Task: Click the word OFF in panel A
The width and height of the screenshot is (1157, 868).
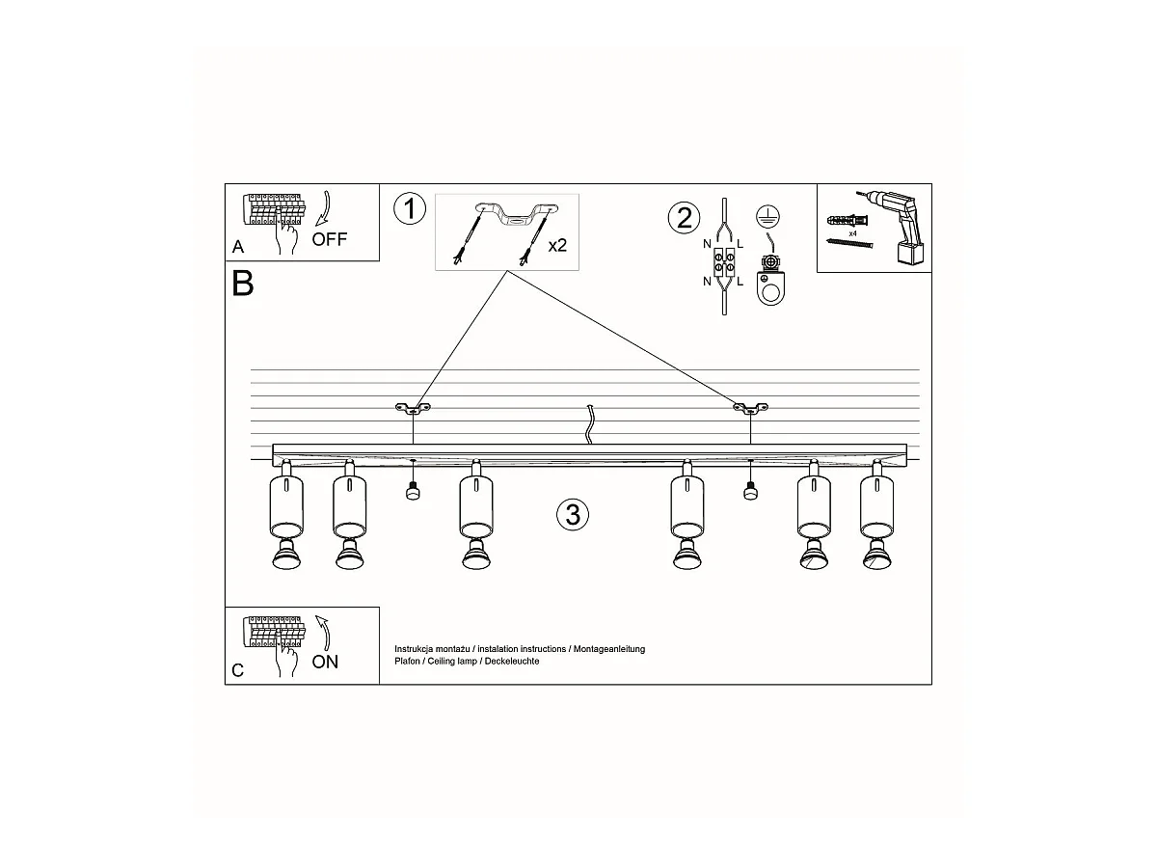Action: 330,239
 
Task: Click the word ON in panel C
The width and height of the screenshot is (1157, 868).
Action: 325,662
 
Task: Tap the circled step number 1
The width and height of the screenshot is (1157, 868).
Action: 410,208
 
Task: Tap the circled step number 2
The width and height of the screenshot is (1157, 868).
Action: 684,218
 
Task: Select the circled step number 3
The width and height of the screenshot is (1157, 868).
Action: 573,514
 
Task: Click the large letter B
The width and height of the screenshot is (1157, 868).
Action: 242,284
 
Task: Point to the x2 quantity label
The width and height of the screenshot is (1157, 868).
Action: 557,246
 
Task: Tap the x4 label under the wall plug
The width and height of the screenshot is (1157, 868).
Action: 852,233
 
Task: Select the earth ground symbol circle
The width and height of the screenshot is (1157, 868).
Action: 768,216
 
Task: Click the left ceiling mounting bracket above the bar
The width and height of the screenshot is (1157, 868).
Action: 414,407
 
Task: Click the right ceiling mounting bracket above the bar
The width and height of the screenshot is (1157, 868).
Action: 750,407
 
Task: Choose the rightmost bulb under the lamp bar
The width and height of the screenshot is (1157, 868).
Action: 877,556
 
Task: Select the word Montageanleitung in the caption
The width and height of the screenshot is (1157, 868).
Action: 609,649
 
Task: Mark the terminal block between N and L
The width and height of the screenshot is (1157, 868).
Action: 724,262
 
